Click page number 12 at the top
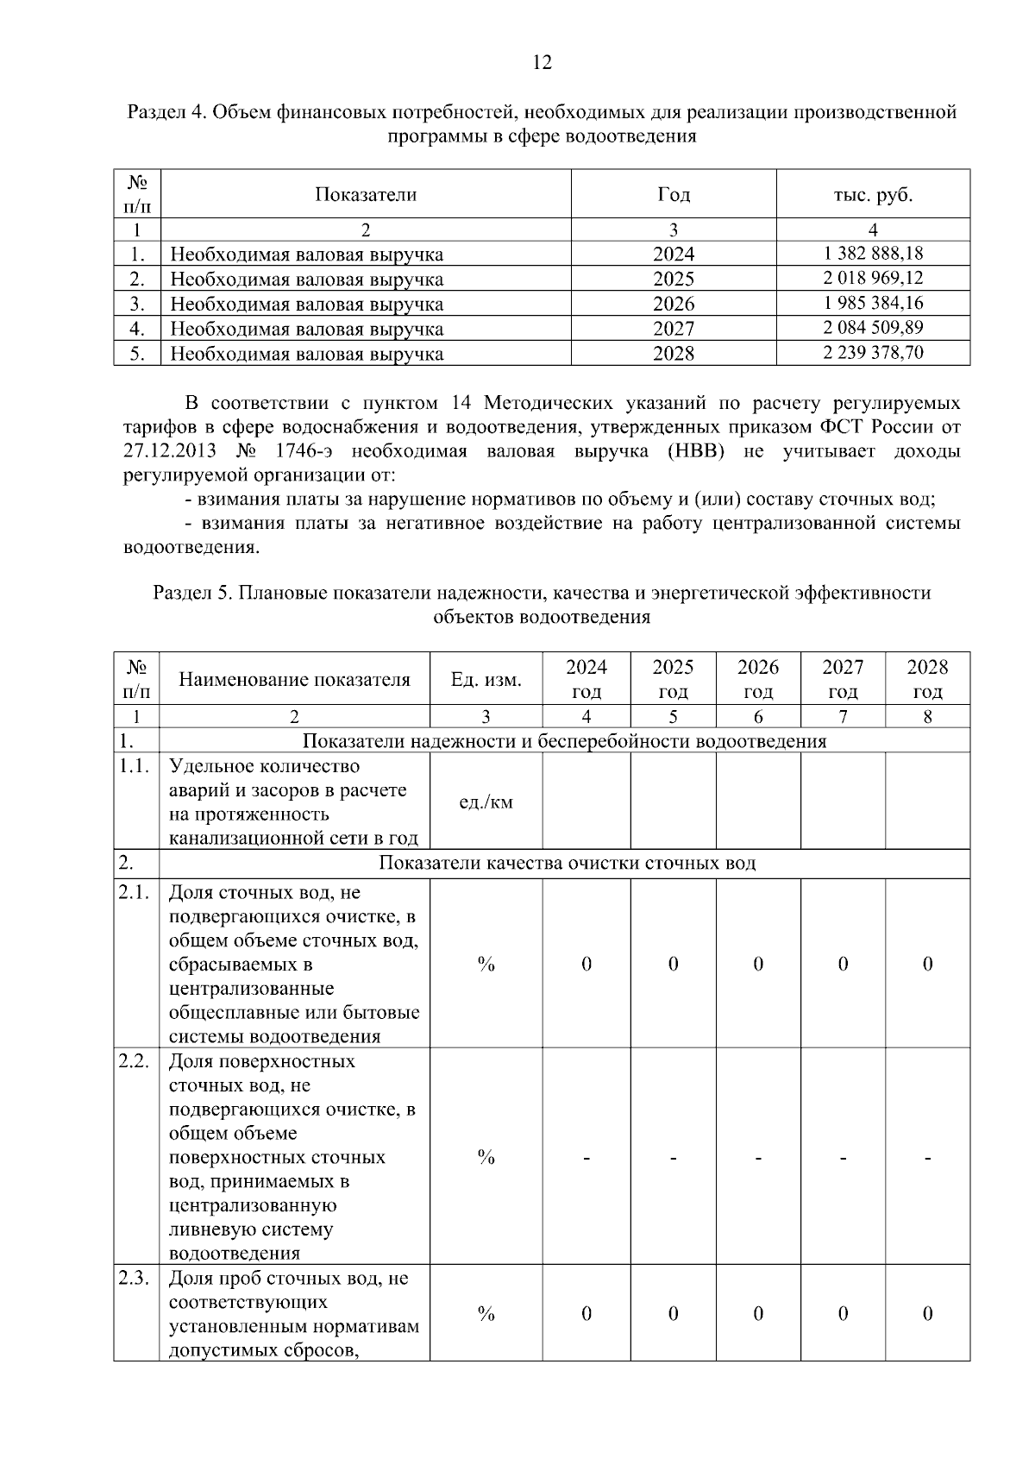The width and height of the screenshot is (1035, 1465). tap(542, 62)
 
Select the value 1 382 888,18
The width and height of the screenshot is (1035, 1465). tap(873, 253)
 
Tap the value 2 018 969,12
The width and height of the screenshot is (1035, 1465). tap(873, 278)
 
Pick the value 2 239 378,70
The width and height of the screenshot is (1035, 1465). tap(873, 352)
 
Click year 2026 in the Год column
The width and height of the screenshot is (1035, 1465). tap(673, 304)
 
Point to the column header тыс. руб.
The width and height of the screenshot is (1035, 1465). tap(873, 194)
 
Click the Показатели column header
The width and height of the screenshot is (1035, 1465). tap(365, 194)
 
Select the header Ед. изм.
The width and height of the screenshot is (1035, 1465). tap(486, 679)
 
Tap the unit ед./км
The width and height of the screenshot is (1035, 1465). tap(486, 802)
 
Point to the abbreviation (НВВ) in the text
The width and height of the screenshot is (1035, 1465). tap(695, 451)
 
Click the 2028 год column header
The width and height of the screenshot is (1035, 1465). tap(927, 679)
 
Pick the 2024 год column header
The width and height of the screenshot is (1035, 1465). tap(586, 679)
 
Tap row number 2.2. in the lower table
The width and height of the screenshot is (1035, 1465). tap(135, 1061)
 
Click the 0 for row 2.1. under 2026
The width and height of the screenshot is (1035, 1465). tap(757, 964)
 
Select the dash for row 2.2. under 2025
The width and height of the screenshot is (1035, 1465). tap(673, 1157)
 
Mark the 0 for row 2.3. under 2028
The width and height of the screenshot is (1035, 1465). tap(927, 1314)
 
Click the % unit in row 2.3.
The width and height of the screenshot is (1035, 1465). tap(486, 1314)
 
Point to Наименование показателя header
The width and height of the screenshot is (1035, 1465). tap(294, 679)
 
